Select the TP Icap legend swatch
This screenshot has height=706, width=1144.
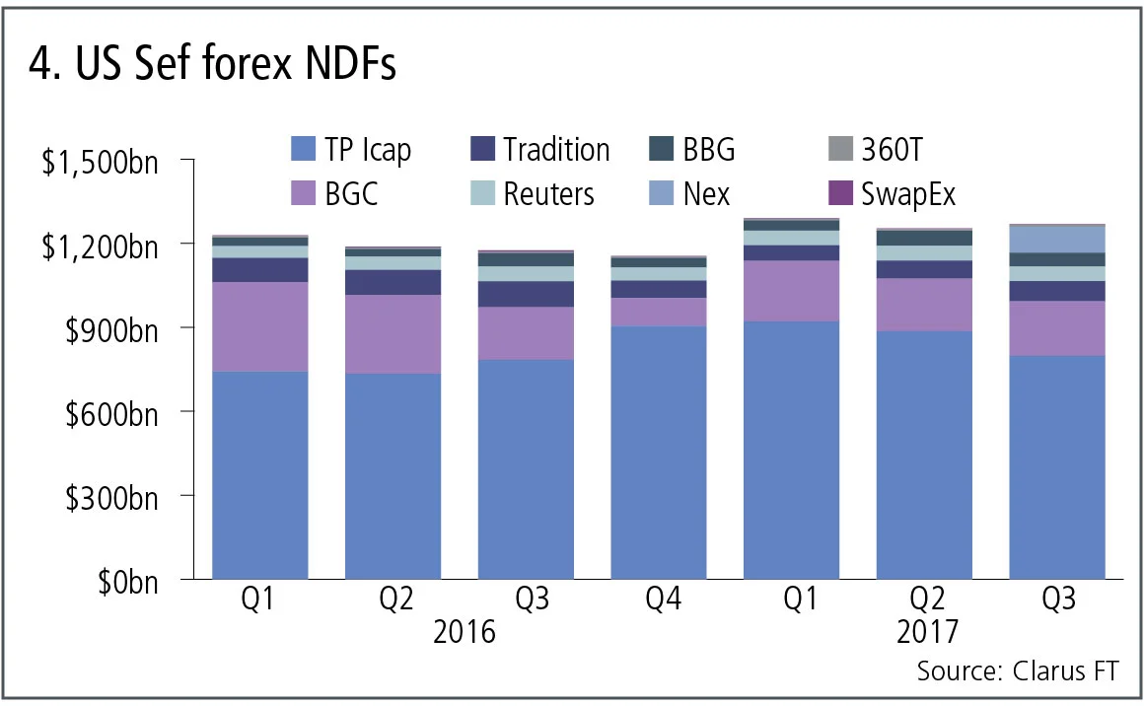pyautogui.click(x=302, y=150)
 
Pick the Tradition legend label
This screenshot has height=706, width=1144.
pyautogui.click(x=556, y=150)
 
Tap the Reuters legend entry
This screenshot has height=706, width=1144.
pyautogui.click(x=548, y=193)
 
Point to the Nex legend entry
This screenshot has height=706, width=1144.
pyautogui.click(x=706, y=193)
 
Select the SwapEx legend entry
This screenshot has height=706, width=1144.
pyautogui.click(x=906, y=193)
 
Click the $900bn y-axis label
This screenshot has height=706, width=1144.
pyautogui.click(x=109, y=328)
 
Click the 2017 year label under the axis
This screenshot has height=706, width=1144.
pyautogui.click(x=927, y=631)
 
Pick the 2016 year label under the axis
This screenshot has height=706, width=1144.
pyautogui.click(x=465, y=631)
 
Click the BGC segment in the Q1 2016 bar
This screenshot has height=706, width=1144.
pyautogui.click(x=260, y=326)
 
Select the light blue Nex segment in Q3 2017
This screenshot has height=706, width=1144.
pyautogui.click(x=1057, y=239)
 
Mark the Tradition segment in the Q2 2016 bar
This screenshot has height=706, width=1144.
pyautogui.click(x=393, y=282)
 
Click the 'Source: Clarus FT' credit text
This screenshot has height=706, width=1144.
pyautogui.click(x=1018, y=671)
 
